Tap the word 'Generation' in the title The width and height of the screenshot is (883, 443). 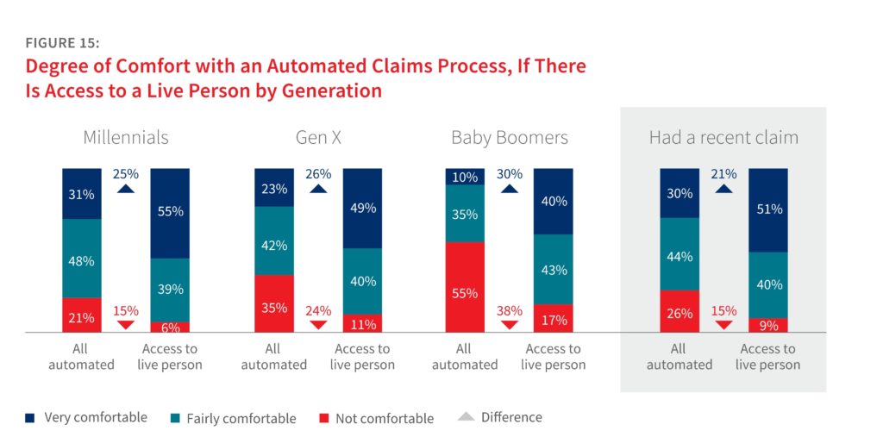coord(332,90)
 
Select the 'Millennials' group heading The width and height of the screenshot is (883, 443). coord(126,137)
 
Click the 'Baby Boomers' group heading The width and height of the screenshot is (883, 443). coord(509,137)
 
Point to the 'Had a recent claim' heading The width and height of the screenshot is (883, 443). coord(723,137)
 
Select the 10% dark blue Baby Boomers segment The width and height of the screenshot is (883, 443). coord(465,177)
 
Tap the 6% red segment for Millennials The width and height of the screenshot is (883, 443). coord(170,328)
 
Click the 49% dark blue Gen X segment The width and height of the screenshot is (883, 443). coord(362,208)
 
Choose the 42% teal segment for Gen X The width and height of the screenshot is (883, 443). coord(273,245)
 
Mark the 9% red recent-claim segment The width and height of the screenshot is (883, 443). coord(767,325)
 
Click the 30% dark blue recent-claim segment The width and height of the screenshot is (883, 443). coord(679,193)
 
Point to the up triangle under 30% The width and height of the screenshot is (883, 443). coord(510,188)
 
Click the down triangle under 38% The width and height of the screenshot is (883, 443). coord(510,324)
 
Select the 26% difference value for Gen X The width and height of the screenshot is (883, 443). coord(318,174)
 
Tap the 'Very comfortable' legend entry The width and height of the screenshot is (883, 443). coord(87,418)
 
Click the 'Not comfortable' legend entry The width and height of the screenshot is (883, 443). coord(375,419)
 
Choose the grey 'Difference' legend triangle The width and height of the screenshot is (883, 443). coord(466,418)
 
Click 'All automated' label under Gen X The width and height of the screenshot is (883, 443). coord(273,357)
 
